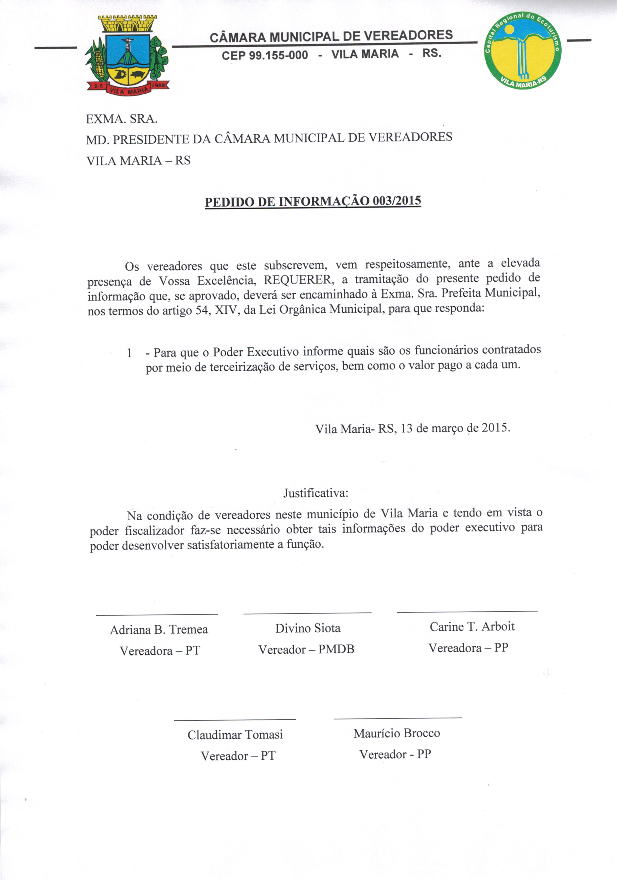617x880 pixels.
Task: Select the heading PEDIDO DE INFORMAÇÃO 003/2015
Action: pos(313,202)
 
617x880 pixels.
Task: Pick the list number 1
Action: pos(129,353)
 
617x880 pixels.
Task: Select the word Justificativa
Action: pos(316,493)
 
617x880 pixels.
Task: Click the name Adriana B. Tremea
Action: pos(159,630)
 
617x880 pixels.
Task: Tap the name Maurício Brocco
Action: pos(396,733)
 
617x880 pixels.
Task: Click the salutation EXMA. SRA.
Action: pos(122,119)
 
